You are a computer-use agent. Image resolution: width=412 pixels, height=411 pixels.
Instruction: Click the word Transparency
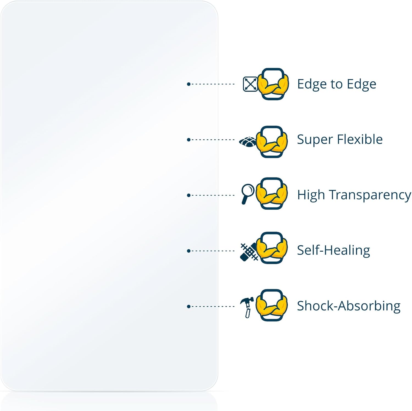point(370,195)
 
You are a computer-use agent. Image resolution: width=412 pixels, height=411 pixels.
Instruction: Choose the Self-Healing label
point(334,251)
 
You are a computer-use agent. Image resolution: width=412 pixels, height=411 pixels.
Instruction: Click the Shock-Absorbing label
point(349,306)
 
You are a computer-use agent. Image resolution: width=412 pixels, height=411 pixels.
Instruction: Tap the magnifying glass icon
point(248,194)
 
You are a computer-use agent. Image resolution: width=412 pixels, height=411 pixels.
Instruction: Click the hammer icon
point(247,307)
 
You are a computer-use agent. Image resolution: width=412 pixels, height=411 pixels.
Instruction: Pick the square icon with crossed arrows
point(250,84)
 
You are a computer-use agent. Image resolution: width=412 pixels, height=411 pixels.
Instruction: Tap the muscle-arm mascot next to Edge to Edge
point(273,84)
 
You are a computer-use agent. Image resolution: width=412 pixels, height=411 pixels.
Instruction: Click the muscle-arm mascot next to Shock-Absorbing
point(272,305)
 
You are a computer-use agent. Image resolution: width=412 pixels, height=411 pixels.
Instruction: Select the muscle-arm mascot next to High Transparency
point(272,193)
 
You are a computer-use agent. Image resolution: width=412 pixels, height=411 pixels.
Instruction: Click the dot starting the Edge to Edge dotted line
point(189,84)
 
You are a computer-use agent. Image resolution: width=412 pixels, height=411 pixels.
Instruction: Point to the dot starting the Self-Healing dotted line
point(189,251)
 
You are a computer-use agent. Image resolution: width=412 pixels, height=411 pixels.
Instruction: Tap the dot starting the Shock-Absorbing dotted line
point(189,306)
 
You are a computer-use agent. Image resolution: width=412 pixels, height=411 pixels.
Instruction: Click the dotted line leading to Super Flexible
point(211,140)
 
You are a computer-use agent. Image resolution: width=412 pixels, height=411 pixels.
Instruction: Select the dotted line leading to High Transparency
point(211,195)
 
